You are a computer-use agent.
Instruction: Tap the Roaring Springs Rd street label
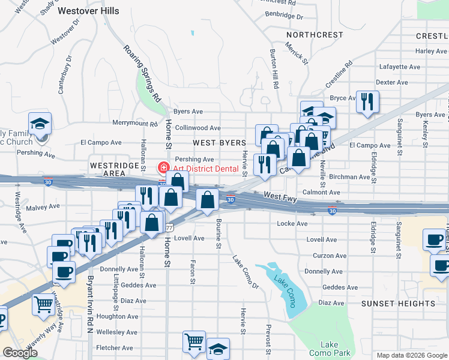(x=142, y=73)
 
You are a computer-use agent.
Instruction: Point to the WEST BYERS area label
(x=220, y=143)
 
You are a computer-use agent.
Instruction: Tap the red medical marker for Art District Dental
(x=162, y=167)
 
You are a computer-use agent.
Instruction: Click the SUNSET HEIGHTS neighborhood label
(x=398, y=304)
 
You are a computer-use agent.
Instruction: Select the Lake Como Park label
(x=330, y=349)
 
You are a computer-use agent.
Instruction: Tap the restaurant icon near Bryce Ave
(x=367, y=101)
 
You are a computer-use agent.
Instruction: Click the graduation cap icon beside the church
(x=40, y=124)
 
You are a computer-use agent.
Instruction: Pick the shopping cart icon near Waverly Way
(x=43, y=305)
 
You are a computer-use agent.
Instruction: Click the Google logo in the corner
(x=19, y=353)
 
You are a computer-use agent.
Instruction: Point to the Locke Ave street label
(x=292, y=224)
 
